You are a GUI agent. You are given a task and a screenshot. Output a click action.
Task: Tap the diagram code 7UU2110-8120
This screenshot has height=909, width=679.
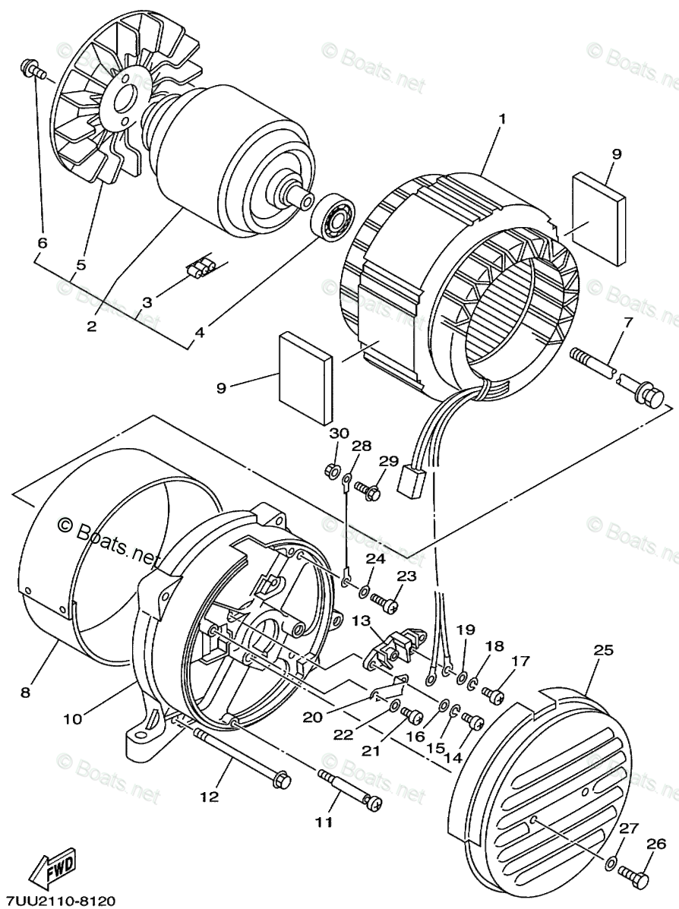click(58, 901)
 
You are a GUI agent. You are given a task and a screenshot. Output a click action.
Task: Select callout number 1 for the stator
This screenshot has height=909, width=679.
click(502, 120)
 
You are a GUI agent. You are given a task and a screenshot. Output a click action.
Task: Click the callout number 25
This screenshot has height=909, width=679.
click(603, 651)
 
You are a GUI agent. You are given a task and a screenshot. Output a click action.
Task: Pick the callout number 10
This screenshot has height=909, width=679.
click(74, 719)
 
